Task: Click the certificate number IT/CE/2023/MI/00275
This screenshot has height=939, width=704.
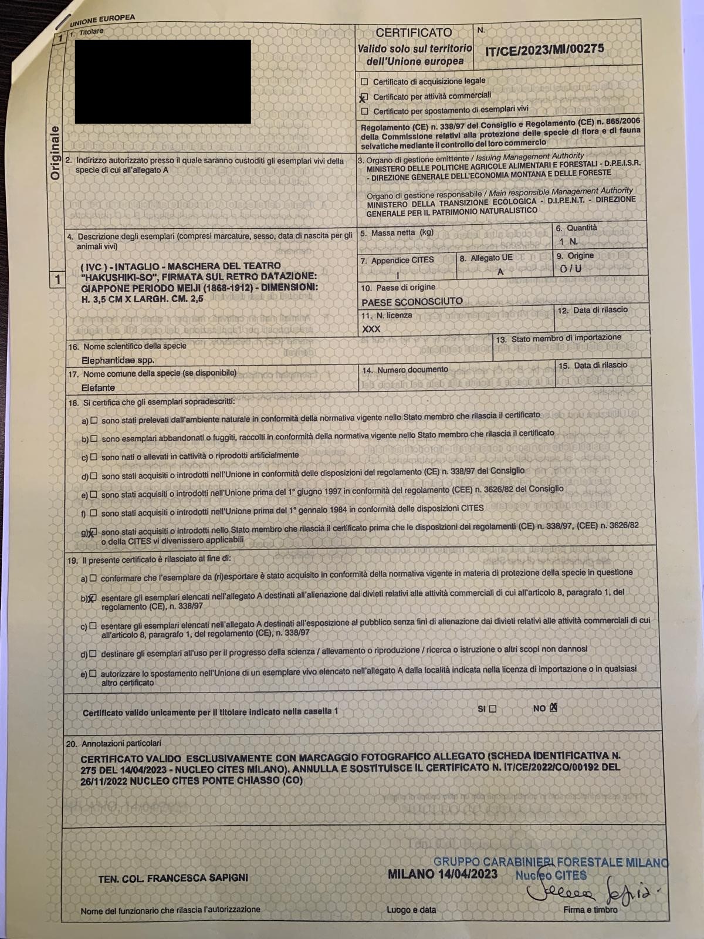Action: [x=544, y=49]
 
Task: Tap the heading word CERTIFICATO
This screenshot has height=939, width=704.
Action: [x=414, y=33]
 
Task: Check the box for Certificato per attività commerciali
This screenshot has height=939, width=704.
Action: [x=364, y=97]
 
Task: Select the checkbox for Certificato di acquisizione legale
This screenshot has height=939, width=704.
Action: [x=365, y=82]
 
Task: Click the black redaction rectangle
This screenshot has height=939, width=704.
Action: [x=163, y=82]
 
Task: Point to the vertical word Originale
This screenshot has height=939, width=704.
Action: [x=55, y=153]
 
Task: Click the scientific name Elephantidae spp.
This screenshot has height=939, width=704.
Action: [x=118, y=360]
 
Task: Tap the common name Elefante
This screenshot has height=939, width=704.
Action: [x=99, y=387]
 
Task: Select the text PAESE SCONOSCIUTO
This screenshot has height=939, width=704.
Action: [x=412, y=302]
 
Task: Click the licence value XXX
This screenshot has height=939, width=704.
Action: [x=371, y=329]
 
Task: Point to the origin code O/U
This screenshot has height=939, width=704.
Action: [x=570, y=269]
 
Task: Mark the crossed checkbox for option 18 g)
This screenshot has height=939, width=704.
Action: [x=93, y=532]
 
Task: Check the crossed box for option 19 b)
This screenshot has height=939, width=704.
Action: [x=93, y=598]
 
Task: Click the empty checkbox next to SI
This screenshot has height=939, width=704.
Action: [x=492, y=709]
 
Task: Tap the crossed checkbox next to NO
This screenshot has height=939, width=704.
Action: [x=553, y=708]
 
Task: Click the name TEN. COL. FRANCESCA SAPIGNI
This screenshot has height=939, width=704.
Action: [x=173, y=878]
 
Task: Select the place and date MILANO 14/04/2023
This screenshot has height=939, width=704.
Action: [x=442, y=874]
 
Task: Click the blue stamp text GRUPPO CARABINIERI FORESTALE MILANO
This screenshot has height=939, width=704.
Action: [x=550, y=862]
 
